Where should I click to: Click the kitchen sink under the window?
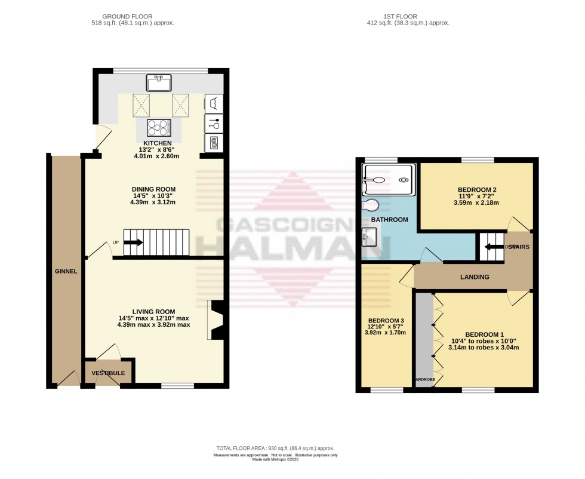pyautogui.click(x=159, y=82)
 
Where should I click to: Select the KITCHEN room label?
pyautogui.click(x=158, y=143)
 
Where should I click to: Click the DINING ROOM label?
pyautogui.click(x=154, y=189)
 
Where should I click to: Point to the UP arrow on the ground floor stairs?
pyautogui.click(x=133, y=242)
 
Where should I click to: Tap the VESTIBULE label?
pyautogui.click(x=108, y=373)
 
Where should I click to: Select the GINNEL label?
pyautogui.click(x=65, y=271)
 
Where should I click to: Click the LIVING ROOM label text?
pyautogui.click(x=153, y=311)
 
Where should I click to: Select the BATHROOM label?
pyautogui.click(x=389, y=220)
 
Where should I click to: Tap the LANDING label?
pyautogui.click(x=475, y=277)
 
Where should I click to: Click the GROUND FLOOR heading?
pyautogui.click(x=127, y=16)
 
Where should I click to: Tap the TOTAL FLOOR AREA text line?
pyautogui.click(x=275, y=448)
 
